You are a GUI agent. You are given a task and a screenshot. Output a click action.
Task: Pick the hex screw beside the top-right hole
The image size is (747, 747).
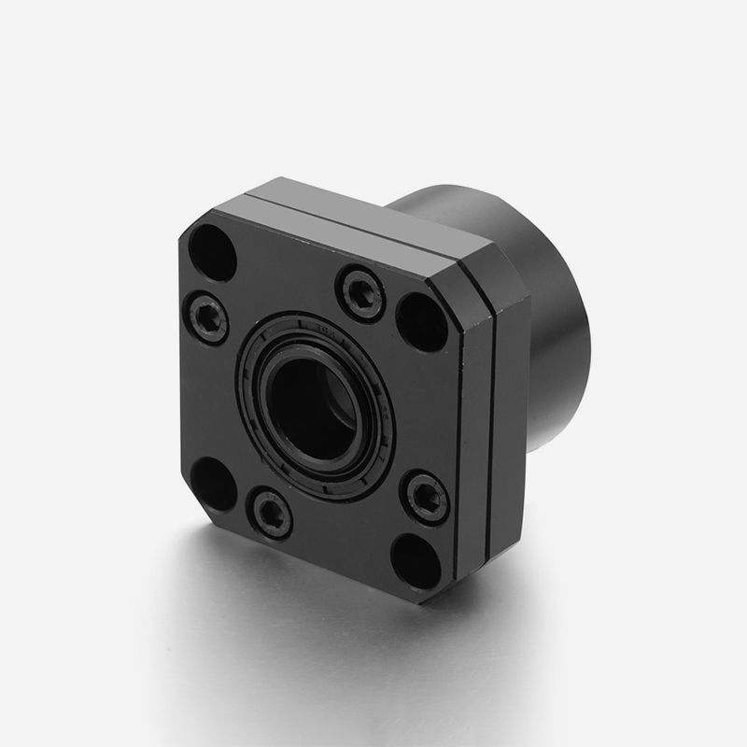pyautogui.click(x=360, y=290)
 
